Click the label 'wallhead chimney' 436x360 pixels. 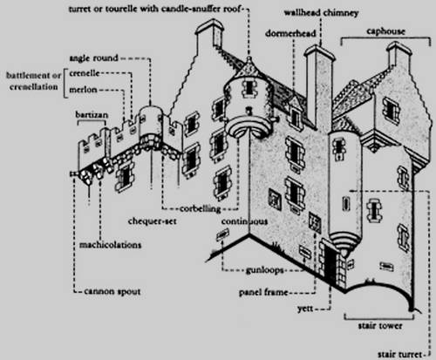[x=321, y=13]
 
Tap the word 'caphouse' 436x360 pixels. [x=385, y=31]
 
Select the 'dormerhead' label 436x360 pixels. [x=290, y=33]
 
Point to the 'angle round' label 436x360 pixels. [x=93, y=58]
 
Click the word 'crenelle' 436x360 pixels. [x=85, y=73]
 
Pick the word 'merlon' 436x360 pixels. [x=83, y=90]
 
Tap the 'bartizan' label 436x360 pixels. [x=92, y=115]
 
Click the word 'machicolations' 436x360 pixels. [x=111, y=245]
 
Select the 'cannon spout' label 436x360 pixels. [x=112, y=291]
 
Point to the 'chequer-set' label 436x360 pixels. [x=153, y=221]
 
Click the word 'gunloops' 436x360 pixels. [x=264, y=270]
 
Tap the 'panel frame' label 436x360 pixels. [x=263, y=292]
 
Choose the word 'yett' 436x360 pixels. [x=305, y=309]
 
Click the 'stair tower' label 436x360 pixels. [x=380, y=326]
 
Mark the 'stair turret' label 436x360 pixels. [x=399, y=355]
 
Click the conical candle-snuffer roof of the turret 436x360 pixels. [x=249, y=68]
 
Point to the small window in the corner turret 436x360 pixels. [x=249, y=87]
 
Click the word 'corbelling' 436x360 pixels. [x=201, y=209]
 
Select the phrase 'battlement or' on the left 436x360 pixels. [x=34, y=76]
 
